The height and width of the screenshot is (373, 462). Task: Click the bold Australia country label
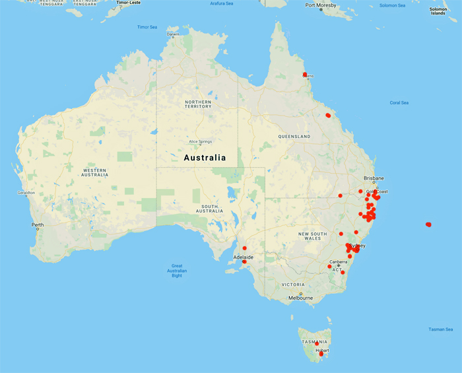point(205,158)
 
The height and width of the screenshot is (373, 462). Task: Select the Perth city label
point(38,225)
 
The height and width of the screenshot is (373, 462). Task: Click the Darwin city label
point(173,34)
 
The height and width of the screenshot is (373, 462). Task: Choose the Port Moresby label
point(321,6)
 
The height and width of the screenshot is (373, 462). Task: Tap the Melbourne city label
point(300,298)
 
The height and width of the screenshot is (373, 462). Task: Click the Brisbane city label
point(374,178)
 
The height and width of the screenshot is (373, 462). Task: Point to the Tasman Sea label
point(440,329)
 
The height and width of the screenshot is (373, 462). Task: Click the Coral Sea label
point(399,102)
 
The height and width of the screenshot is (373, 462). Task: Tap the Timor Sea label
point(147,27)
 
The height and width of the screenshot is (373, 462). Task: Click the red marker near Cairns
point(305,74)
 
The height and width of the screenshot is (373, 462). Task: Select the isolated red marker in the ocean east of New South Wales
point(428,224)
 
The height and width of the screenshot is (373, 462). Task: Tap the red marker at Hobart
point(321,355)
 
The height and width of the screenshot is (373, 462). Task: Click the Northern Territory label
point(198,104)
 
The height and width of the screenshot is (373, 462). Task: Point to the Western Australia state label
point(95,172)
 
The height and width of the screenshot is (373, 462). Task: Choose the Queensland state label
point(294,137)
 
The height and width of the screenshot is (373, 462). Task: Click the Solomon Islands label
point(438,11)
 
